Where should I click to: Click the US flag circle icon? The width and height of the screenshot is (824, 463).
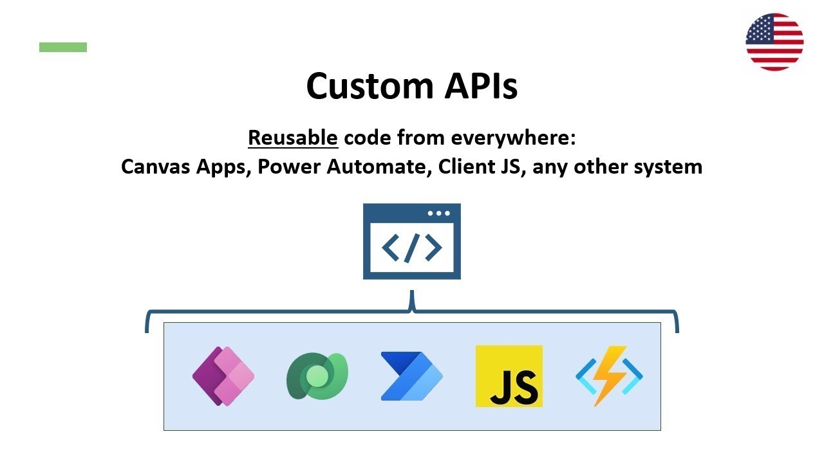(x=774, y=42)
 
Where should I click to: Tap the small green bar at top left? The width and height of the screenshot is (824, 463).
(x=63, y=47)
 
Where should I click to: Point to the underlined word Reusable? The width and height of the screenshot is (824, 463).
(x=293, y=138)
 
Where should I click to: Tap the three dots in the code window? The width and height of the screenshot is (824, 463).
(x=439, y=213)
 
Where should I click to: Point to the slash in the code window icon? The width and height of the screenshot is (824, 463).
(x=412, y=248)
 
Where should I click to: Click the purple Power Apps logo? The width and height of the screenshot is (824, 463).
(x=223, y=376)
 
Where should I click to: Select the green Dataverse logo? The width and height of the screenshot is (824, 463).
(x=317, y=376)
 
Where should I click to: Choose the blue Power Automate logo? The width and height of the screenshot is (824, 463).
(x=411, y=376)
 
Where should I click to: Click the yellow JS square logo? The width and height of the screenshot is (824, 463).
(x=509, y=376)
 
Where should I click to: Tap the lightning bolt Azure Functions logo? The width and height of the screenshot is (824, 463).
(x=608, y=376)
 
